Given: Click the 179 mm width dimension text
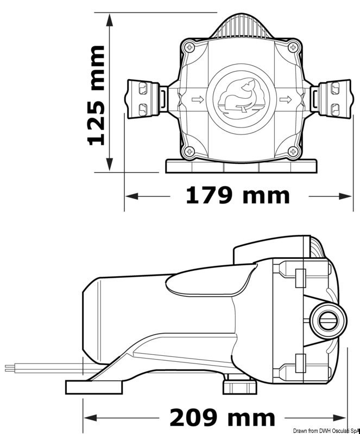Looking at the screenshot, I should click(238, 195).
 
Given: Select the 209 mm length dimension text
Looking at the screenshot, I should click(222, 418).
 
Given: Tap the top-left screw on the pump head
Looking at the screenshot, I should click(190, 48).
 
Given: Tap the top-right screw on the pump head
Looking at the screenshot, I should click(294, 48).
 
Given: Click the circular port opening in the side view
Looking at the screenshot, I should click(327, 321).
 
